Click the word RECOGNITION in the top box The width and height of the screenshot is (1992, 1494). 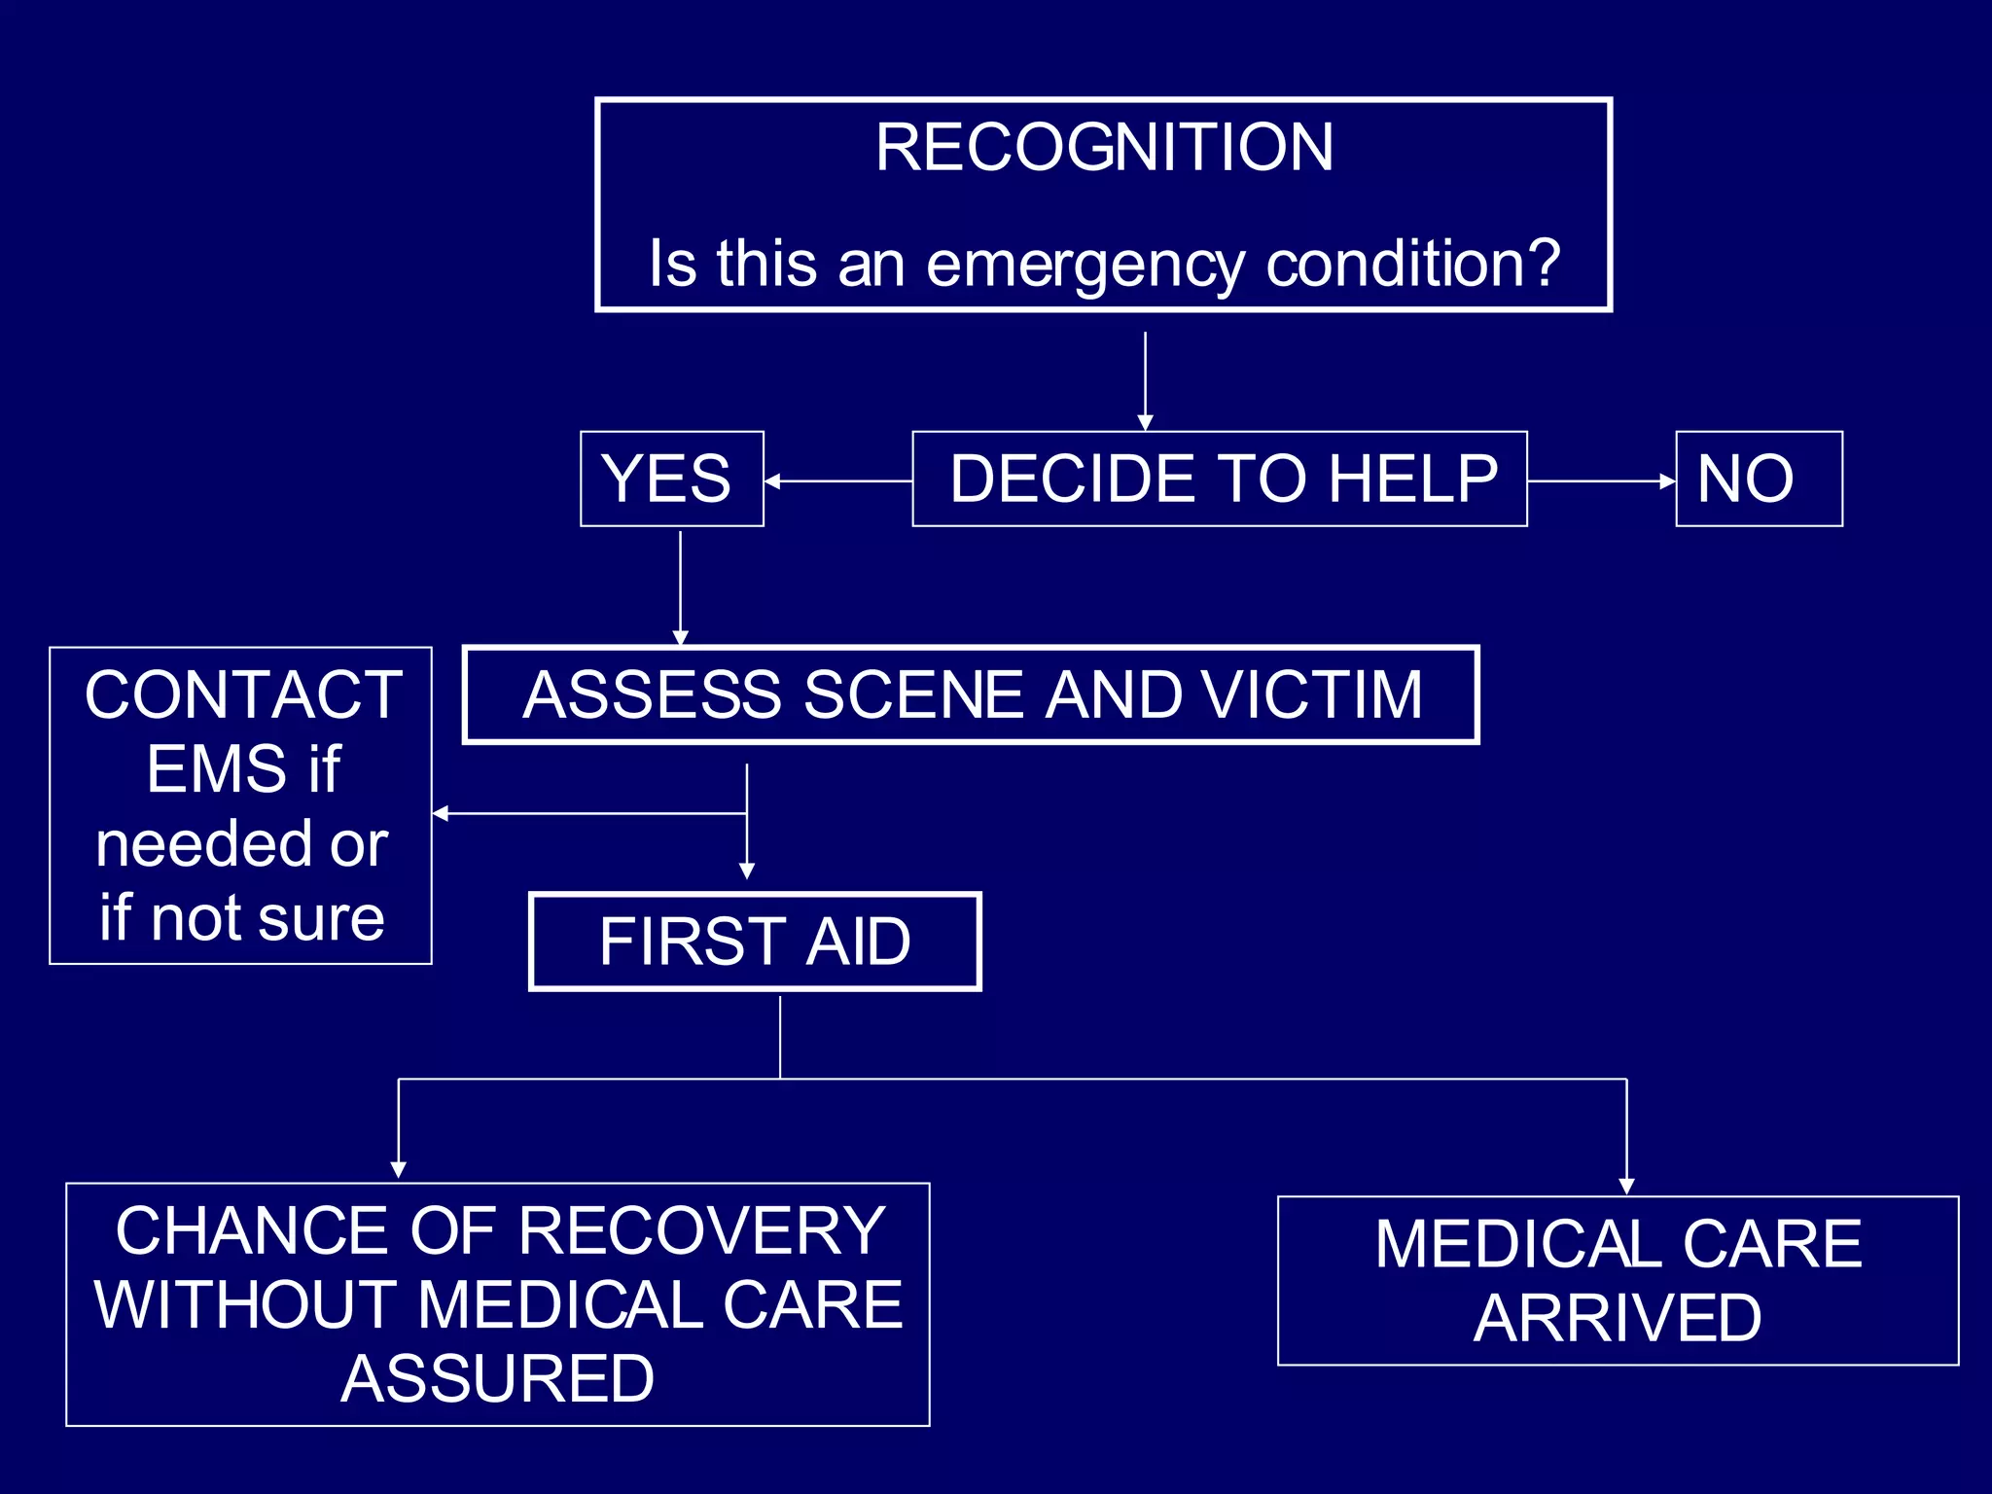(x=1104, y=148)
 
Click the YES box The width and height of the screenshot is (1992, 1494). (x=671, y=479)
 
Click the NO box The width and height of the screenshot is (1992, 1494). (x=1758, y=479)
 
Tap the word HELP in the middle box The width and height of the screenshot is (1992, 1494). (x=1413, y=479)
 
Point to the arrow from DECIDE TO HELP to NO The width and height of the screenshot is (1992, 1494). (x=1601, y=480)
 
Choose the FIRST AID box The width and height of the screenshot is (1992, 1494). (x=755, y=942)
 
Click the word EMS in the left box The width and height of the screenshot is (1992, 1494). (x=216, y=769)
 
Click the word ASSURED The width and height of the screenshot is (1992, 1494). (x=497, y=1379)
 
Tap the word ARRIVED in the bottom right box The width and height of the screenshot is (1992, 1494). (x=1617, y=1319)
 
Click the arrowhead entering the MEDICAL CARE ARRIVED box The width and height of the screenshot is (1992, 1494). (x=1626, y=1186)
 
